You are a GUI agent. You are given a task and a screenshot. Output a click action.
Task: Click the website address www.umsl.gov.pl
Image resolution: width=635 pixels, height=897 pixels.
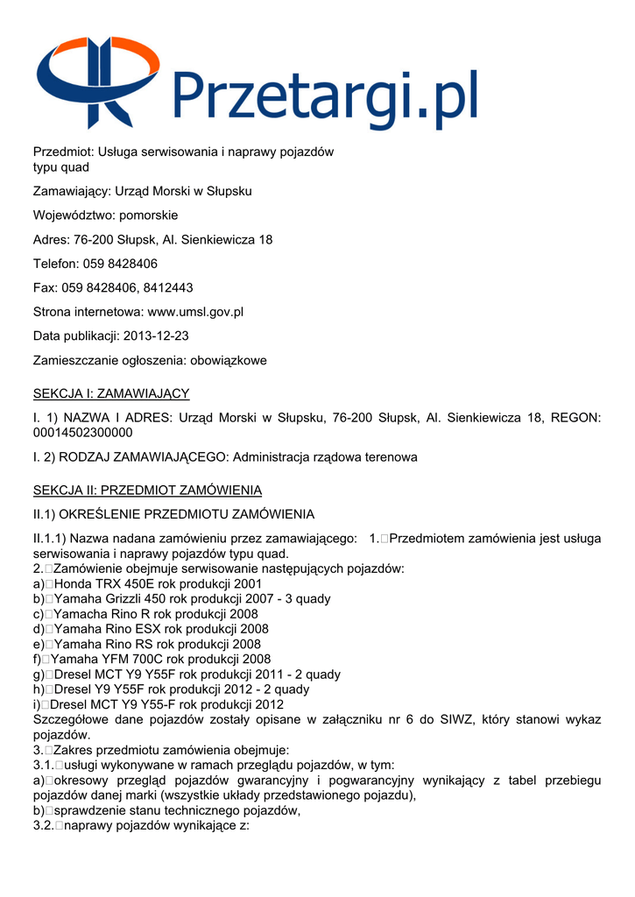[x=195, y=311]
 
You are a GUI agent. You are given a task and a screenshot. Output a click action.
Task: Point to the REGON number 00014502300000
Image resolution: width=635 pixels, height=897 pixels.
[x=83, y=433]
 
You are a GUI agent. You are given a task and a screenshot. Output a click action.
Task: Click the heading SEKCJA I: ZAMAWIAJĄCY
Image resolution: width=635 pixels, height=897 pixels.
[x=111, y=393]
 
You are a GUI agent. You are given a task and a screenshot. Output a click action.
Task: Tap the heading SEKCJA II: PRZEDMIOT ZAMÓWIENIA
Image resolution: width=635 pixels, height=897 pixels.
[x=147, y=490]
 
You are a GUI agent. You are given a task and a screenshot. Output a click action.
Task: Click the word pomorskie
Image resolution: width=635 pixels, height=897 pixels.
[x=148, y=215]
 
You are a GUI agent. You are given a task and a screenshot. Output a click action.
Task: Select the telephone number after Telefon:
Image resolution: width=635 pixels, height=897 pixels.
[x=120, y=263]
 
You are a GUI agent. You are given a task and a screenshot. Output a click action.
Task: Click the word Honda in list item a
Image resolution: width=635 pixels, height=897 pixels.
[x=72, y=583]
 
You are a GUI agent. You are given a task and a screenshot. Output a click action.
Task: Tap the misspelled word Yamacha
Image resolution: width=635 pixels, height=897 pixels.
[x=78, y=613]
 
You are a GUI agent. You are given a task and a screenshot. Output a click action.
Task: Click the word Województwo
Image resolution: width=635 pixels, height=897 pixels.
[x=73, y=215]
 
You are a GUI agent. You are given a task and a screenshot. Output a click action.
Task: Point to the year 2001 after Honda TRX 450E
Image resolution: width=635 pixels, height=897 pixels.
[x=247, y=583]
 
